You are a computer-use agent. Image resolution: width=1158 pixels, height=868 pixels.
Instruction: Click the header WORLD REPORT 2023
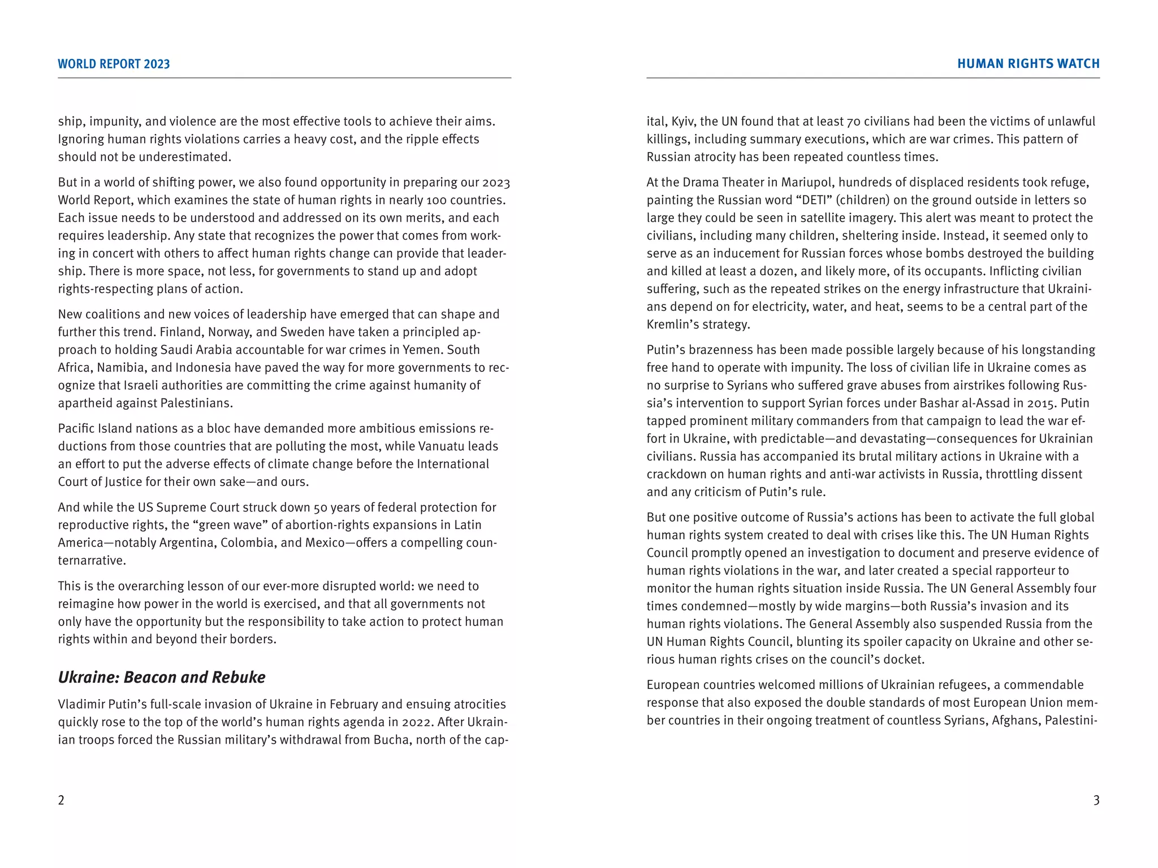(114, 64)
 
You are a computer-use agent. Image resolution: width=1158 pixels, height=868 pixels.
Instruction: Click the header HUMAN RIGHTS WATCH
(1028, 64)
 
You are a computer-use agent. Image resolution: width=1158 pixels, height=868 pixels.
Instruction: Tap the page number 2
(61, 800)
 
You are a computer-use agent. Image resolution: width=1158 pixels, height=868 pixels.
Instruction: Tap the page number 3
(1096, 800)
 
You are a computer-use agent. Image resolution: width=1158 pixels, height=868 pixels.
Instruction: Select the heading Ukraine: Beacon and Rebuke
(162, 677)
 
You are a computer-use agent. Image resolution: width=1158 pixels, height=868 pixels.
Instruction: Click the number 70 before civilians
(853, 121)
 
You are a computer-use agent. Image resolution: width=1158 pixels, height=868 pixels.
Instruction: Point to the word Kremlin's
(669, 324)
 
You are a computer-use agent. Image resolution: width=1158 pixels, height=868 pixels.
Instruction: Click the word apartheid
(84, 403)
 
